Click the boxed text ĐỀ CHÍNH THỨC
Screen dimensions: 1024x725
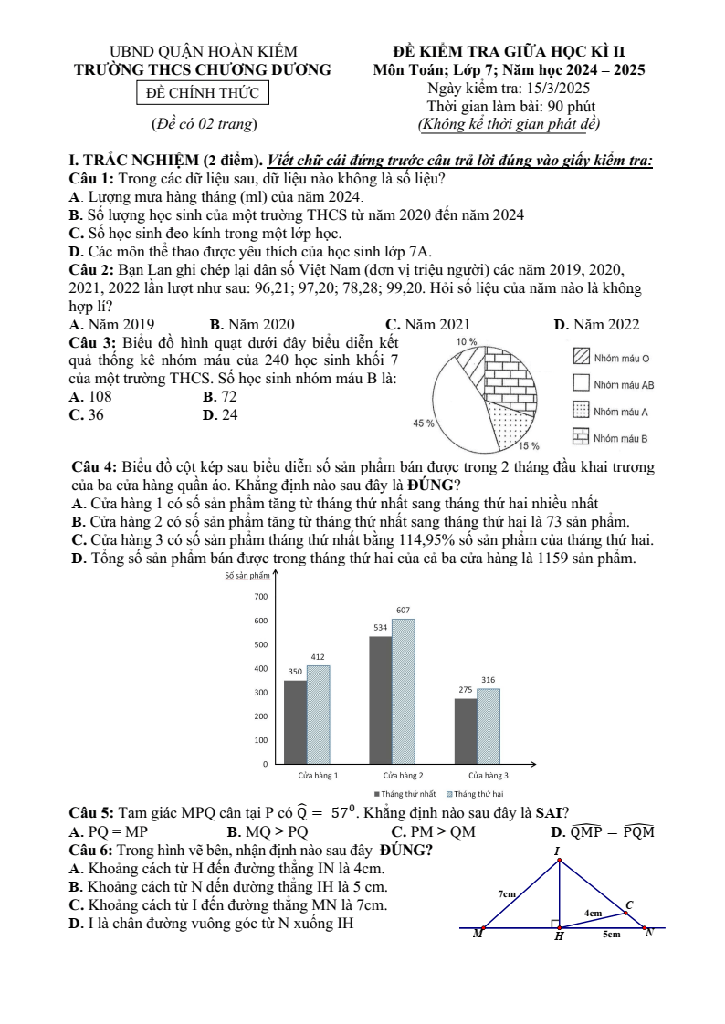[203, 93]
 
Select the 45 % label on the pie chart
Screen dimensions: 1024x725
[424, 424]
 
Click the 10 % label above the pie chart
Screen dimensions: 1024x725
[466, 341]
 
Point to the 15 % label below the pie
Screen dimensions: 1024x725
[530, 446]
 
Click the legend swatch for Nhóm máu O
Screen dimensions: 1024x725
[581, 358]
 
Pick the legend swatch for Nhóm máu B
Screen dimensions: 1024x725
[581, 437]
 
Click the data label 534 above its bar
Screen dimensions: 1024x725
[380, 628]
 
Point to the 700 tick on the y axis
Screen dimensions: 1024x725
[260, 597]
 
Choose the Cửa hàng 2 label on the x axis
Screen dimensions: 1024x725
[403, 775]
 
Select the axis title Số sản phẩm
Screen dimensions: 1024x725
[247, 576]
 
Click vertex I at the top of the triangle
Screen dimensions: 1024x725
[559, 859]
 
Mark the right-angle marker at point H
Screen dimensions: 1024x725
[554, 924]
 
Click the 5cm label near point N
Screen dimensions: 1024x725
[611, 934]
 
